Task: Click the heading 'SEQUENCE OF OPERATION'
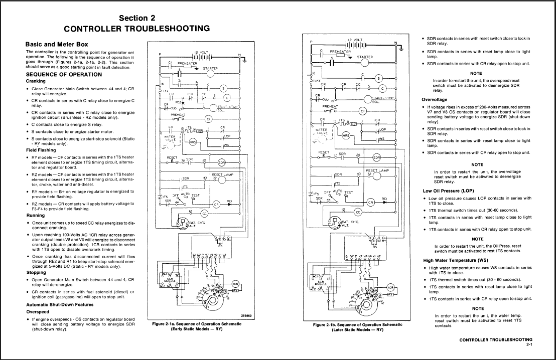(63, 74)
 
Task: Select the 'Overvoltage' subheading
(435, 99)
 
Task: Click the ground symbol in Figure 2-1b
(401, 49)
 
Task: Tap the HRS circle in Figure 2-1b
(346, 135)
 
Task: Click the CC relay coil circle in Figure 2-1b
(357, 212)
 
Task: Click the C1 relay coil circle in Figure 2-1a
(208, 119)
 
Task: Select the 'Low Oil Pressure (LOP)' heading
(449, 191)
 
